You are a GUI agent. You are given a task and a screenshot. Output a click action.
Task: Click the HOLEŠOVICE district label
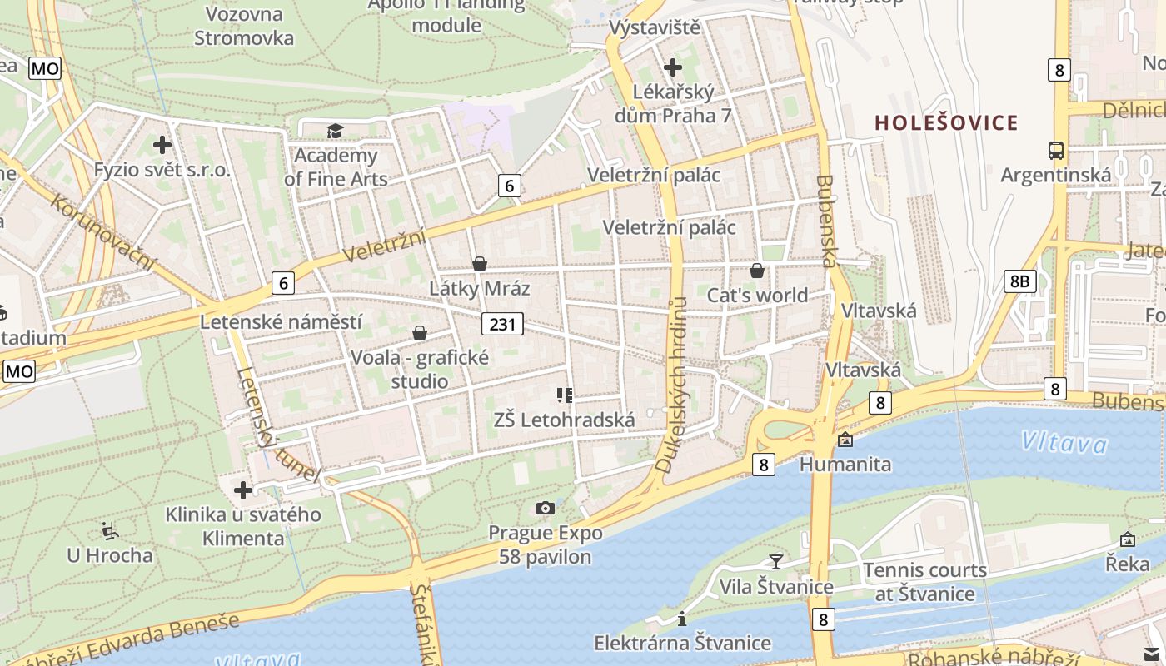(946, 123)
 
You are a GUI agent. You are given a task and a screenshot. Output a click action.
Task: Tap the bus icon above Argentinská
(1056, 151)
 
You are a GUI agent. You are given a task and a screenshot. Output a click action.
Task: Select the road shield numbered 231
(502, 324)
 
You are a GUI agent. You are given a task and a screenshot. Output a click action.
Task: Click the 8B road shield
(1019, 281)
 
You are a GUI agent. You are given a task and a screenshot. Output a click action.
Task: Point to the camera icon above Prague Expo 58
(546, 508)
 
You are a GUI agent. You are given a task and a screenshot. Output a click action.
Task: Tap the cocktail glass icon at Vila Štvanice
(776, 561)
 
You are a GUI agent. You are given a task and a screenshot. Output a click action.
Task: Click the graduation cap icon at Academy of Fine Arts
(335, 131)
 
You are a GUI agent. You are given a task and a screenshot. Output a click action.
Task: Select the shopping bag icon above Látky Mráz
(480, 264)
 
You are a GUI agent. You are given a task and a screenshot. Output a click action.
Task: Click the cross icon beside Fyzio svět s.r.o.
(162, 145)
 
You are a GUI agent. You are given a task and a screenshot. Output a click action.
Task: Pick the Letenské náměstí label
(282, 321)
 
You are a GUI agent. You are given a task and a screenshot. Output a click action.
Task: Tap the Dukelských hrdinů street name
(674, 385)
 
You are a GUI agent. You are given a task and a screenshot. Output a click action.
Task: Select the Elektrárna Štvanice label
(682, 643)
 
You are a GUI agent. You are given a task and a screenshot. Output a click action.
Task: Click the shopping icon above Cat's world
(757, 271)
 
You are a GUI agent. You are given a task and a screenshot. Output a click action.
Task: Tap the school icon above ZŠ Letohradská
(565, 395)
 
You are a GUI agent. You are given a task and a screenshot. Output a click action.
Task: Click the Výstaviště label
(654, 28)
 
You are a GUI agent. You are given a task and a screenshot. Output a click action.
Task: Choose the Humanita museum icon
(845, 440)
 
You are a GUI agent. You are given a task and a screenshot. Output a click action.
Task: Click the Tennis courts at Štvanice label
(924, 582)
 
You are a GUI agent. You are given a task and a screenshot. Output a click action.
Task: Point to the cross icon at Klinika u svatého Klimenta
(243, 490)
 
